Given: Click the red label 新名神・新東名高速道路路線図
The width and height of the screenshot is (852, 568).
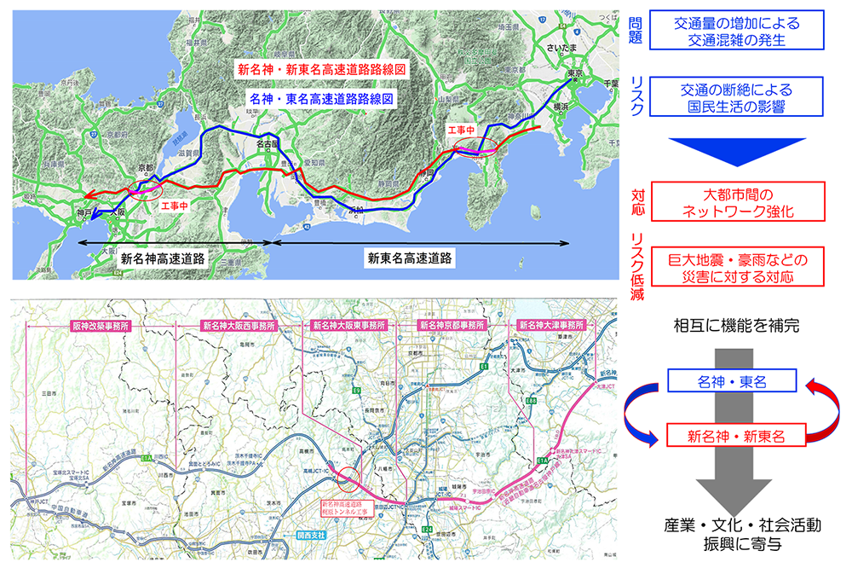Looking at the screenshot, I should click(x=321, y=69).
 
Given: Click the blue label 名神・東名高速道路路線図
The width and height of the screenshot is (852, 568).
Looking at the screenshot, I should click(x=321, y=99).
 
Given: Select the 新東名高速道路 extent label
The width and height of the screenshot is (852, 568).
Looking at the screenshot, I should click(x=409, y=257).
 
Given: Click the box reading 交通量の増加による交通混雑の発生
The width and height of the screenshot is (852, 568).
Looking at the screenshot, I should click(x=738, y=31).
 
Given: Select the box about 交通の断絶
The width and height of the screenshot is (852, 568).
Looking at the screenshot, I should click(x=738, y=97).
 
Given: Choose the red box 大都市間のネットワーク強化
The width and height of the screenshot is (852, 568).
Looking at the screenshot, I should click(x=738, y=201).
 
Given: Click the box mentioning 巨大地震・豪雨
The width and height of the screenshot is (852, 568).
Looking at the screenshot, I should click(x=738, y=266).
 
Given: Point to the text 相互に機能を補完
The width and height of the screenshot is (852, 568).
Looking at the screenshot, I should click(x=738, y=326).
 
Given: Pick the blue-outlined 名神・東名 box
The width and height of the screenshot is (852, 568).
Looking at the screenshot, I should click(x=732, y=382).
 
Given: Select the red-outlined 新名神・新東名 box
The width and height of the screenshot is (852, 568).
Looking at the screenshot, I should click(x=737, y=436).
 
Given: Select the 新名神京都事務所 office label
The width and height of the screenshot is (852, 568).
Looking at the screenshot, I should click(x=452, y=325).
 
